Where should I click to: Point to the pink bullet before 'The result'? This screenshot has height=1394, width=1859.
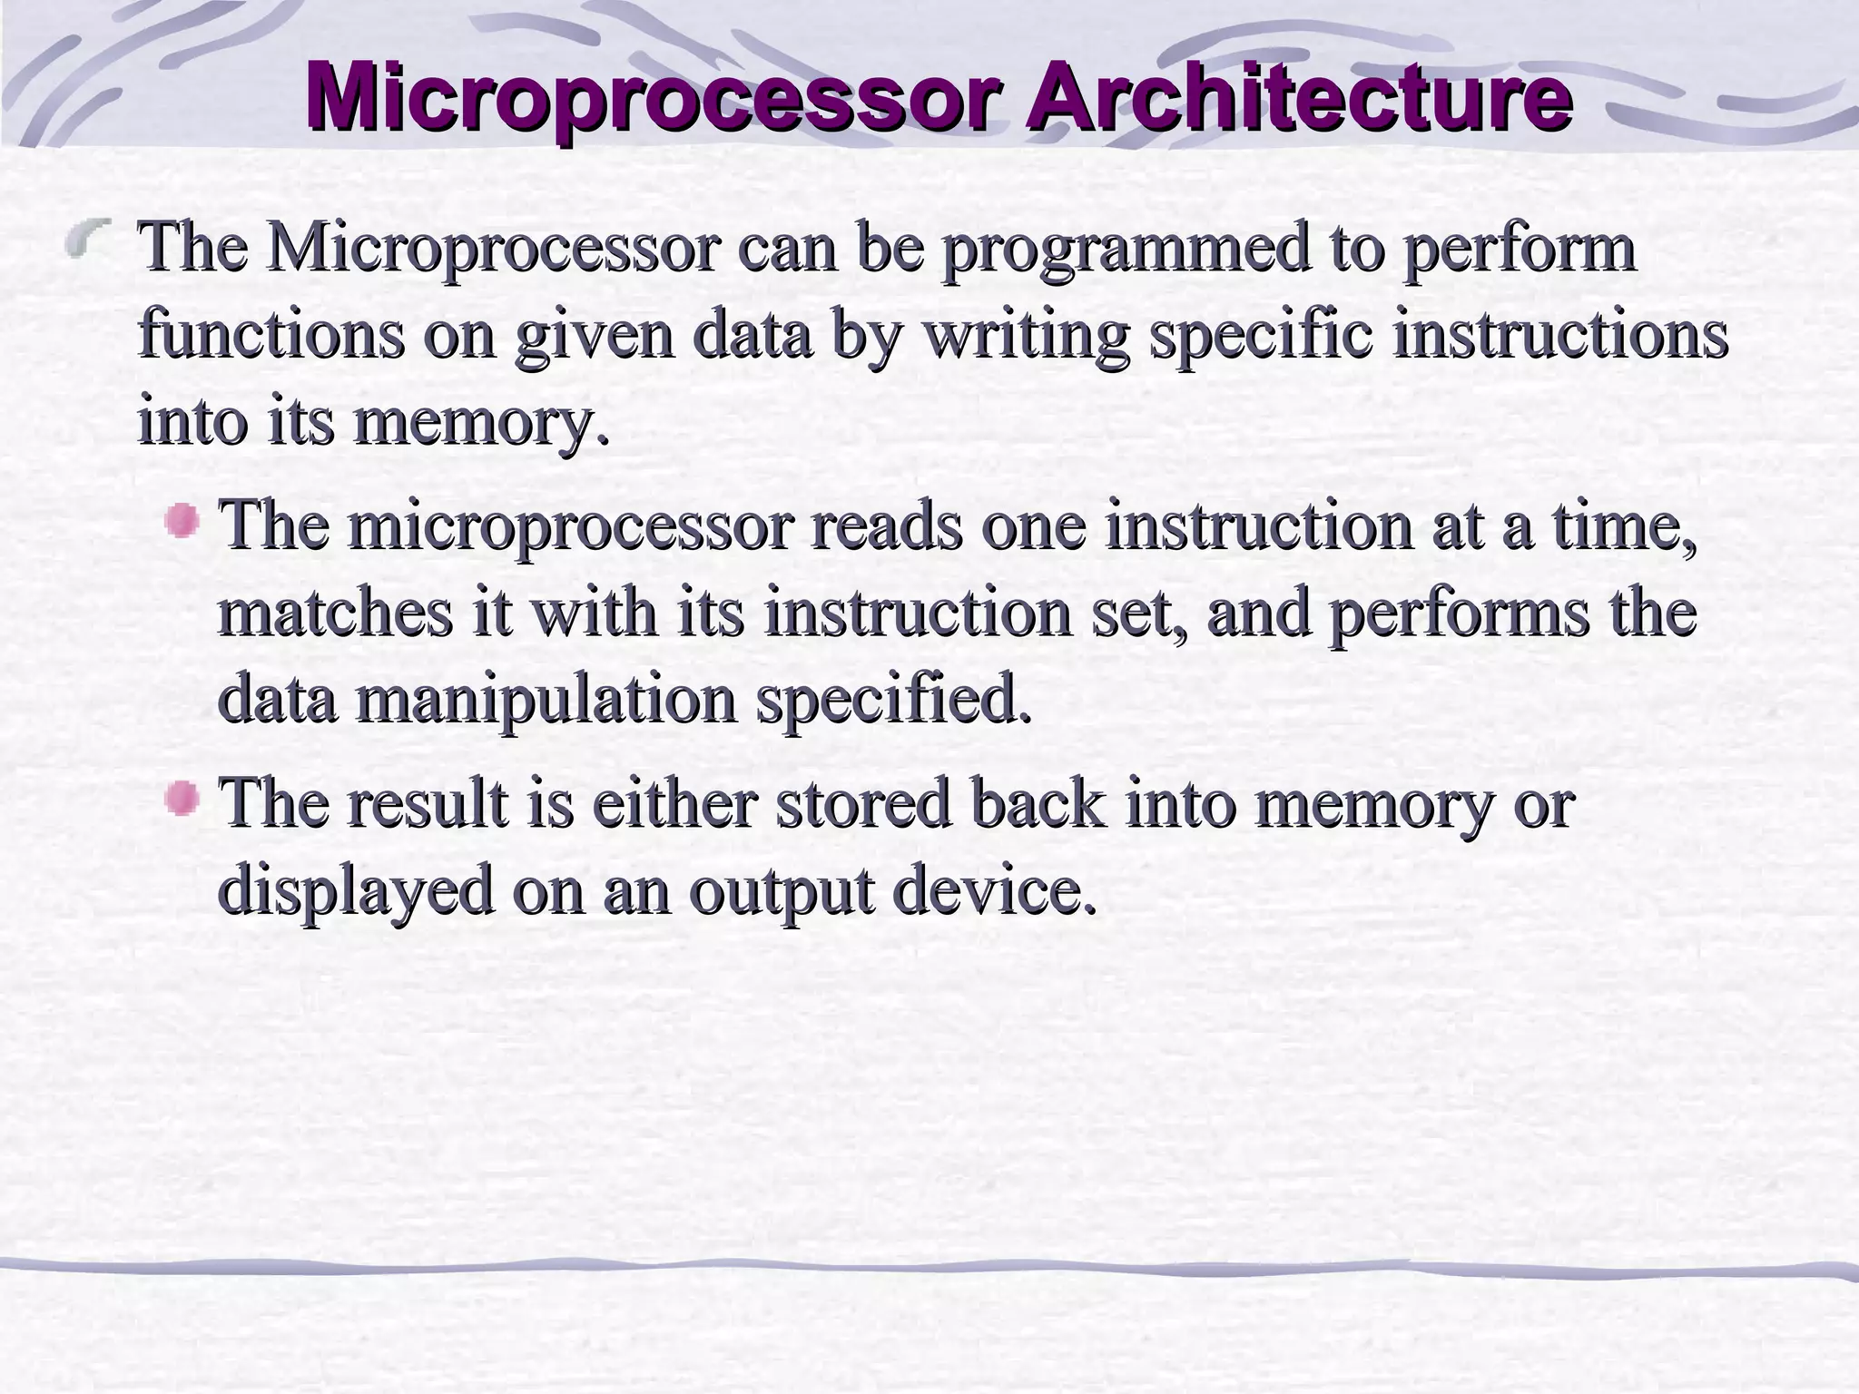tap(183, 799)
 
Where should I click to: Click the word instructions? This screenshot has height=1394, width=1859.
tap(1560, 334)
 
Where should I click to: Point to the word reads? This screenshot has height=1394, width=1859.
tap(886, 526)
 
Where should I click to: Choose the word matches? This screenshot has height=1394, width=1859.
tap(335, 613)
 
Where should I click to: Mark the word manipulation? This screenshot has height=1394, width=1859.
tap(545, 701)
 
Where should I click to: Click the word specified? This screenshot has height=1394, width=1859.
tap(894, 701)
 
